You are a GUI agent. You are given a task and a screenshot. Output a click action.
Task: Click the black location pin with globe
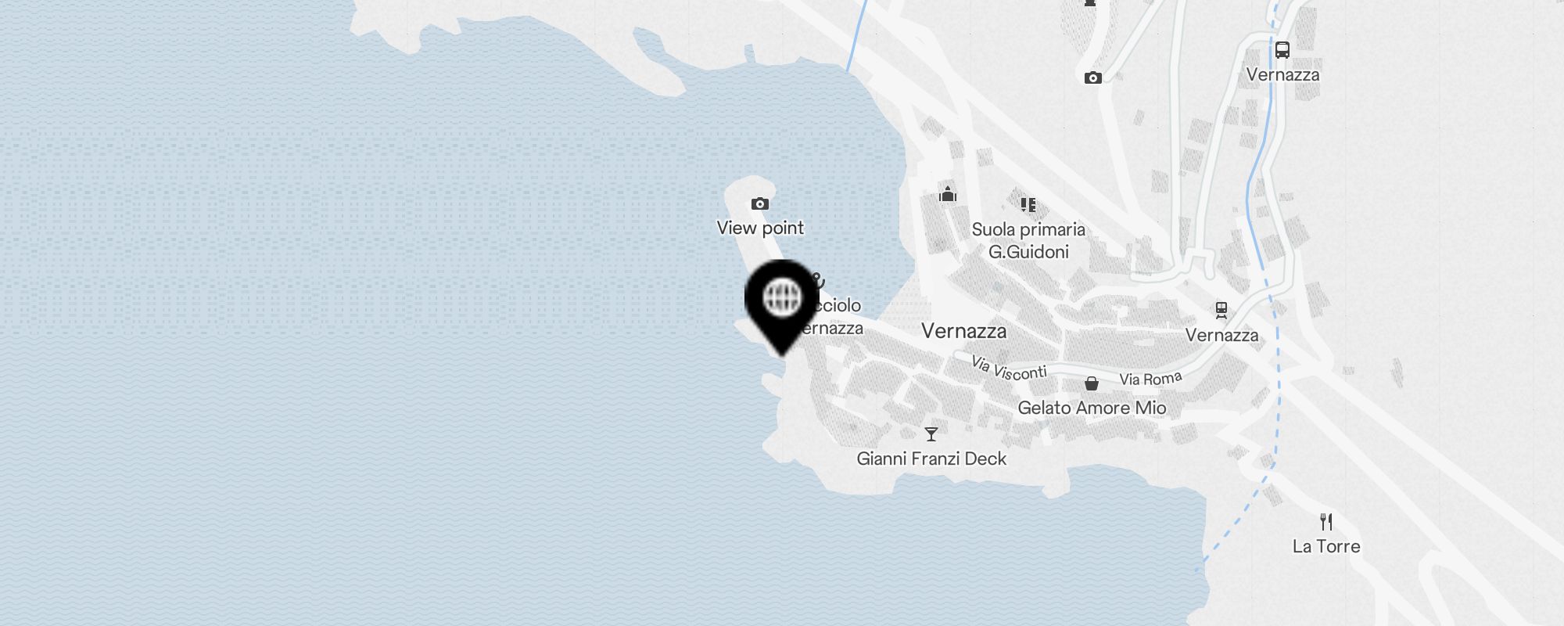(782, 301)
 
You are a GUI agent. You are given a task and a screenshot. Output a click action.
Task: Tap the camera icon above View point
(759, 204)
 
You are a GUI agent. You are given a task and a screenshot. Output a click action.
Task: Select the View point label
(760, 228)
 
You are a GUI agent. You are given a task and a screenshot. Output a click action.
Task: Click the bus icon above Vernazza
(1282, 50)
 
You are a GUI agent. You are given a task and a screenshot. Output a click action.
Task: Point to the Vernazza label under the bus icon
(1282, 75)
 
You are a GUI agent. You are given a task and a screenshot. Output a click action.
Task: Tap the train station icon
(1221, 311)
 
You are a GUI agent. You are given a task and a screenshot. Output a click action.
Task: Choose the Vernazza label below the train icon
(1221, 336)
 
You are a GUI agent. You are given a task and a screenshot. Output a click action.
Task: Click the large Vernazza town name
(963, 331)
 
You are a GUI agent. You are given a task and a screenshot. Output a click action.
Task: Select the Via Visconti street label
(1009, 368)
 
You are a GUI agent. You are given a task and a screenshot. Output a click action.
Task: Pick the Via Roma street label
(1150, 379)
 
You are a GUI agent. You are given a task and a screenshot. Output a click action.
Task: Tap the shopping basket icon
(1092, 383)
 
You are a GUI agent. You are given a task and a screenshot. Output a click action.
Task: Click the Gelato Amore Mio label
(1092, 408)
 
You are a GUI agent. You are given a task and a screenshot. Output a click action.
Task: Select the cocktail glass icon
(931, 434)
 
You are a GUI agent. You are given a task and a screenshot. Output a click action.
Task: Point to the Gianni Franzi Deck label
(931, 459)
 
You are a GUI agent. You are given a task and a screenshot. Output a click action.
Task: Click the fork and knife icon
(1326, 522)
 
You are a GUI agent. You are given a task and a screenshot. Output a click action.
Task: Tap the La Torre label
(1326, 546)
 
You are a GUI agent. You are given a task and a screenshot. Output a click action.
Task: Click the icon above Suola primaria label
(1028, 205)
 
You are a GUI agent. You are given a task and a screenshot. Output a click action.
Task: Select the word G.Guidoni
(1028, 252)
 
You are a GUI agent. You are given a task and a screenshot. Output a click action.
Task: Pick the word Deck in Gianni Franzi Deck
(985, 459)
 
